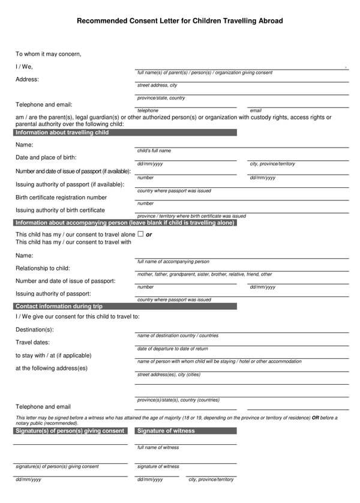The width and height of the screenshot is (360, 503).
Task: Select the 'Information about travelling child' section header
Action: pos(62,132)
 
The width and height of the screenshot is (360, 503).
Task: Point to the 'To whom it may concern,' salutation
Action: pos(48,54)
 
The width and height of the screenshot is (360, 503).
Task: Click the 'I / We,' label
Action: pos(24,67)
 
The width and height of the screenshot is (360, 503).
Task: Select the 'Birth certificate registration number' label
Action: pos(61,197)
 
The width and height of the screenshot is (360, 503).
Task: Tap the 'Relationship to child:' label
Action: pos(43,268)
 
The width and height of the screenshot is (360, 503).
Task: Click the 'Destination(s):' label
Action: pos(34,330)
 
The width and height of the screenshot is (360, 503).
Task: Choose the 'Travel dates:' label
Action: pos(32,342)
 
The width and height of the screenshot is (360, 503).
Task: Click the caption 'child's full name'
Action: pos(154,151)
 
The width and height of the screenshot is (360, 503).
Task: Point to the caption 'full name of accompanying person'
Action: pos(173,262)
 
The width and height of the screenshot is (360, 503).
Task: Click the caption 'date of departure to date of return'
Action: pos(173,349)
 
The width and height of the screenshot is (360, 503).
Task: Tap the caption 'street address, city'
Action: pos(157,85)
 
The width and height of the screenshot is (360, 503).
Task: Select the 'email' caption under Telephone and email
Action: pos(256,110)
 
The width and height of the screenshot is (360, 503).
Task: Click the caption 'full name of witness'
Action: pos(158,448)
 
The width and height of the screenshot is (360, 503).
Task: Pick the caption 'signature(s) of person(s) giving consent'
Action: pos(57,466)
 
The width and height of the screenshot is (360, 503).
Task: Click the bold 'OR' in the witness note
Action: pos(315,418)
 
